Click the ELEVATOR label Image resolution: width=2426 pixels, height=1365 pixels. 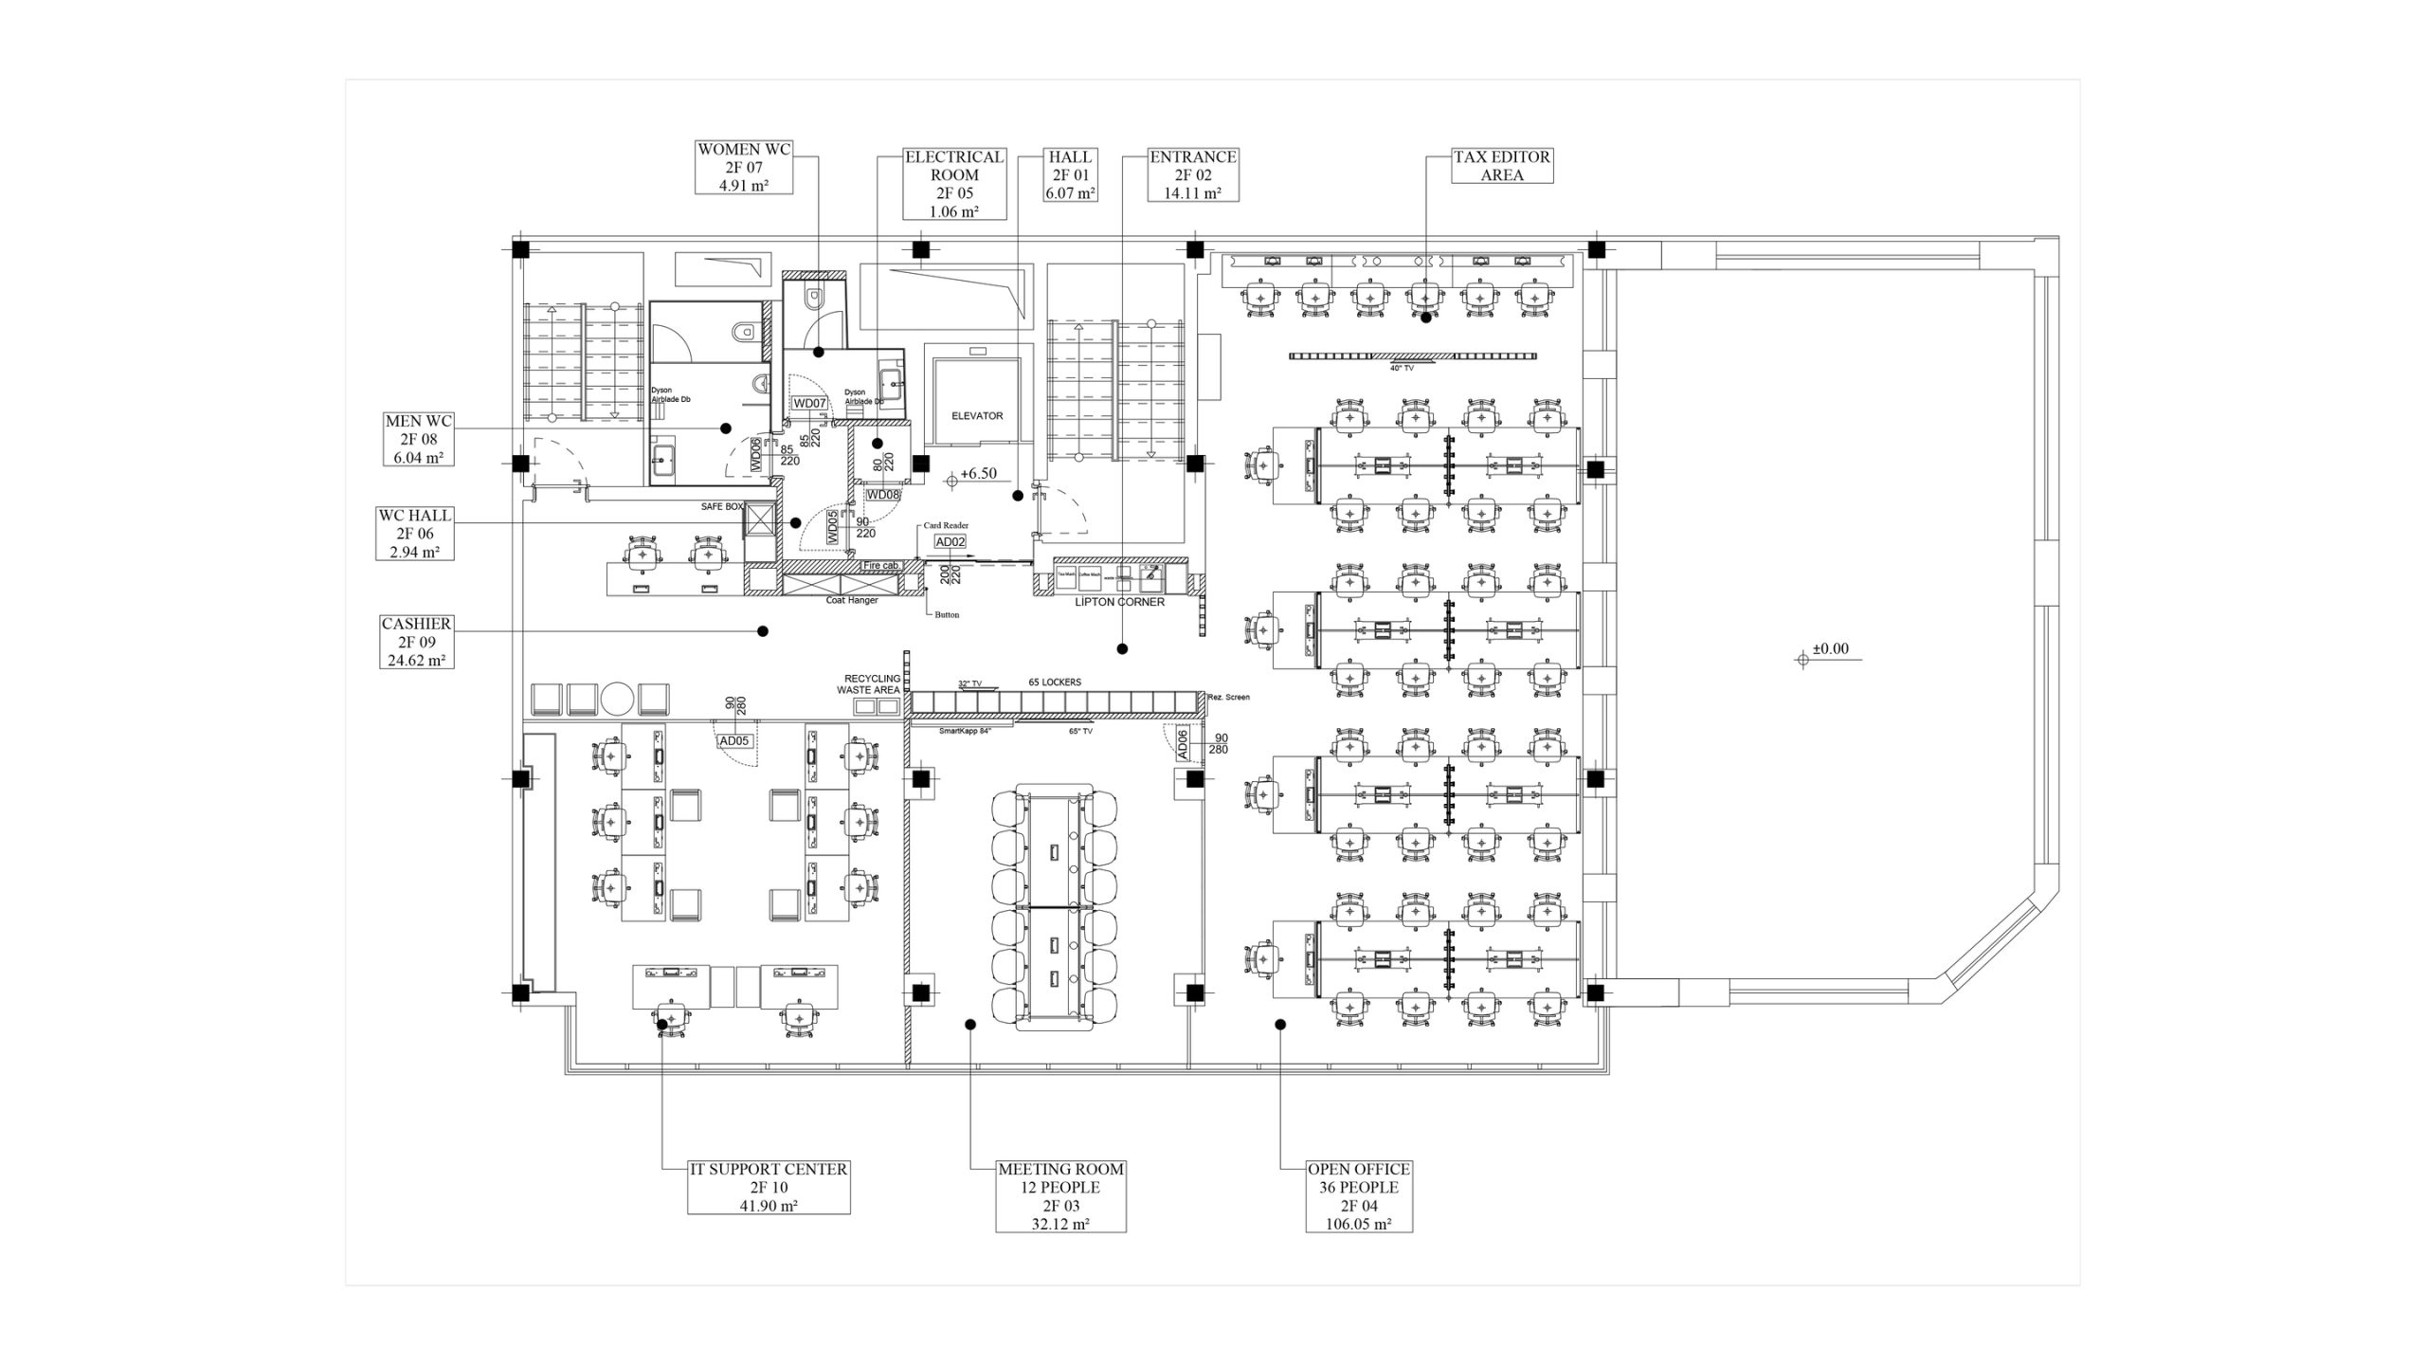point(977,416)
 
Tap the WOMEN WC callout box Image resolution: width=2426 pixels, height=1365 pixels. point(744,167)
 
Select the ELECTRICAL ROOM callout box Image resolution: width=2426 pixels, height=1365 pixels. point(954,184)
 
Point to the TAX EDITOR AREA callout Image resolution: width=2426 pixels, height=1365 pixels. point(1502,166)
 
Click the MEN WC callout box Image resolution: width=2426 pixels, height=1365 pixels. point(418,439)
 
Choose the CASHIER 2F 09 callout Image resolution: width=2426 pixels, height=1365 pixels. point(416,642)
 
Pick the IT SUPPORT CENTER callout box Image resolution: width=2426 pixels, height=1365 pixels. point(769,1187)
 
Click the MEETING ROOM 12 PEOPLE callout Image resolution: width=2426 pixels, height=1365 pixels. point(1060,1196)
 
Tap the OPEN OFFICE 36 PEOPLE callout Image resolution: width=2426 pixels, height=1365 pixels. point(1358,1196)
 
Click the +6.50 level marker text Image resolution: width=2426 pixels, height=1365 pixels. point(978,474)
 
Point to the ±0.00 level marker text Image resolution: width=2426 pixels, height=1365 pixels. point(1830,649)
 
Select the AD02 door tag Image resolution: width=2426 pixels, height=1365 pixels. point(950,542)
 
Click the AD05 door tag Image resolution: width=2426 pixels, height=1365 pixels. point(733,741)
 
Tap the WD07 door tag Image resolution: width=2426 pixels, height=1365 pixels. point(810,403)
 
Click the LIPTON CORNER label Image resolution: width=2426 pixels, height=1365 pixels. point(1119,602)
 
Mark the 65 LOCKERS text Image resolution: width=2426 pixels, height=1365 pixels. point(1055,682)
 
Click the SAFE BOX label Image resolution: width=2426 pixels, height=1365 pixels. point(722,507)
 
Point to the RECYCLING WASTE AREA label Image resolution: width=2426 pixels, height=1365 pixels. point(872,684)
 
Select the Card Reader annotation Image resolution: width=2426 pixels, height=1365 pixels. point(946,525)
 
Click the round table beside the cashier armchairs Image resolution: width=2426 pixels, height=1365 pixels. point(618,699)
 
